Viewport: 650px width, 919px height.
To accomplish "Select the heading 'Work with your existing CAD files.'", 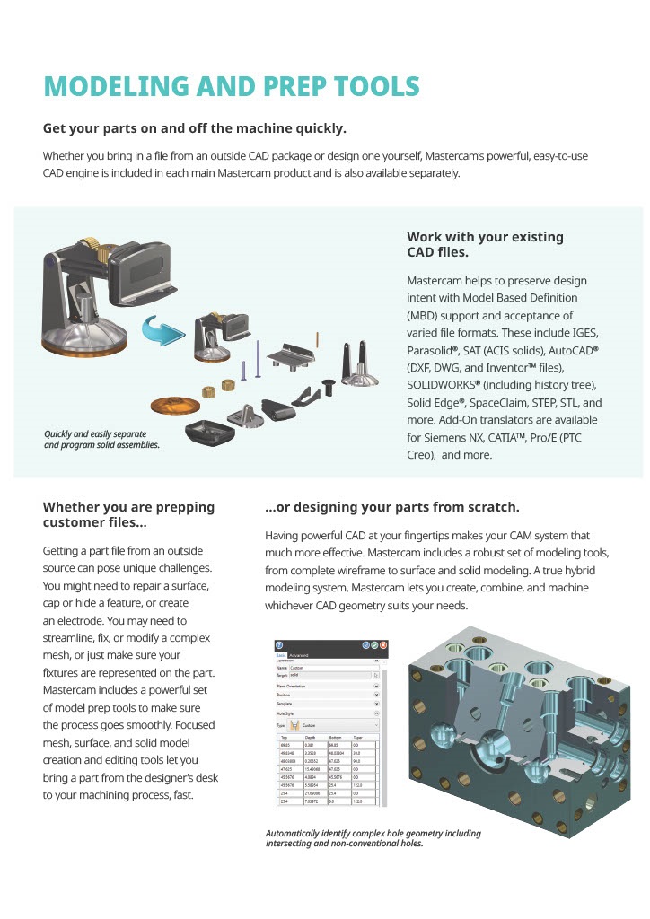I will tap(485, 244).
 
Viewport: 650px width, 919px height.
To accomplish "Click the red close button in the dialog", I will tap(383, 645).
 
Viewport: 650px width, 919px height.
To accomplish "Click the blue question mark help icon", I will tap(279, 645).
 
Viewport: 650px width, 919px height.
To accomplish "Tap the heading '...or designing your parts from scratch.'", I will tap(391, 507).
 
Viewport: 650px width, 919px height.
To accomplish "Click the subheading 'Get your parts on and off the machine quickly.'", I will tap(195, 128).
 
